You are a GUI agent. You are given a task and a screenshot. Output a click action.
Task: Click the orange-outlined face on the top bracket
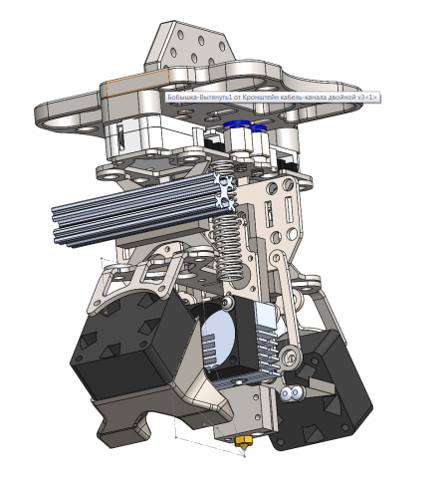[x=137, y=82]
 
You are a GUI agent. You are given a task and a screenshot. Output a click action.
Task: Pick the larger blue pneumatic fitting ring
[x=237, y=124]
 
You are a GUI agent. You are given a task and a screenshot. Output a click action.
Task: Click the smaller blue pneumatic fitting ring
[x=258, y=127]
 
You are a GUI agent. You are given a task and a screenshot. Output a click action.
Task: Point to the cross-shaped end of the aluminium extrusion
[x=225, y=192]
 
